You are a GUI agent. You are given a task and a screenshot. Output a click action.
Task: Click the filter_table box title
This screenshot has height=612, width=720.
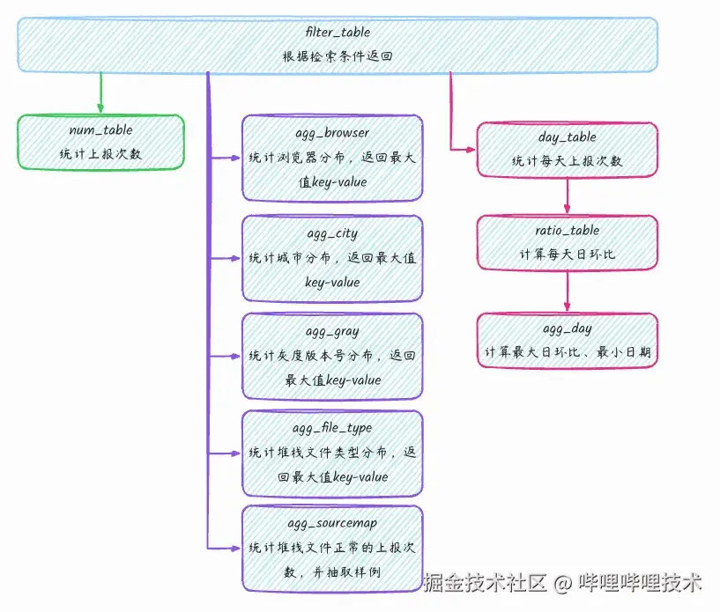[x=338, y=32]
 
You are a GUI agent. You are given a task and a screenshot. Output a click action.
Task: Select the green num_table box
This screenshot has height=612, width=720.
[x=100, y=142]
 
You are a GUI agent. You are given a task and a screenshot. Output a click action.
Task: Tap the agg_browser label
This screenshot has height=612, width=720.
[x=332, y=134]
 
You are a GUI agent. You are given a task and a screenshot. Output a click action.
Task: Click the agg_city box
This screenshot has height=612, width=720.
[x=332, y=258]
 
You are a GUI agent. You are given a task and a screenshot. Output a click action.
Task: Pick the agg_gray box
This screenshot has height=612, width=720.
[x=332, y=356]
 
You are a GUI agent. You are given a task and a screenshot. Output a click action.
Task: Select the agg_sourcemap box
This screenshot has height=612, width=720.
[x=332, y=548]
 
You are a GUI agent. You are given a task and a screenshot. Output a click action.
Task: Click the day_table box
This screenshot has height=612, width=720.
[x=567, y=149]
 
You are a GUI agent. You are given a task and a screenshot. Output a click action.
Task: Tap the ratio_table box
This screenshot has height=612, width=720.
[x=567, y=242]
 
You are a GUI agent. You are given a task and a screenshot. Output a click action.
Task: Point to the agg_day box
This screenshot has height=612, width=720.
[x=567, y=340]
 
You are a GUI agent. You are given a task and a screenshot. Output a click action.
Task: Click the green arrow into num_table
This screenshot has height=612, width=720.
[x=100, y=93]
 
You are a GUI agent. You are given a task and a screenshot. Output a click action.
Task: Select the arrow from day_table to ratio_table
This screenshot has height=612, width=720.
[x=567, y=195]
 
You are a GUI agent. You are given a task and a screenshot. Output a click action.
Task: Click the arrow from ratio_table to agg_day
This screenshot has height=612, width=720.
[x=567, y=290]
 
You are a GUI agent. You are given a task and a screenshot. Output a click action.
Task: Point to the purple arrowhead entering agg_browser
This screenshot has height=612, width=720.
[x=235, y=159]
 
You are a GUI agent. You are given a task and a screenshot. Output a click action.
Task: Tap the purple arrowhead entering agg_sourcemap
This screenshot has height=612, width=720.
[x=235, y=547]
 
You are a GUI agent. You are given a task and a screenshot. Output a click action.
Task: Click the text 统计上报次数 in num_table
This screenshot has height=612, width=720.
[x=100, y=154]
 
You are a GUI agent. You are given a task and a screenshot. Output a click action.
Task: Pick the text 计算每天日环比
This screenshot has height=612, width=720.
[x=567, y=254]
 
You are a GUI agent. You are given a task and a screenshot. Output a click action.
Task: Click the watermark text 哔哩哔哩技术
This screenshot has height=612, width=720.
[x=640, y=582]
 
